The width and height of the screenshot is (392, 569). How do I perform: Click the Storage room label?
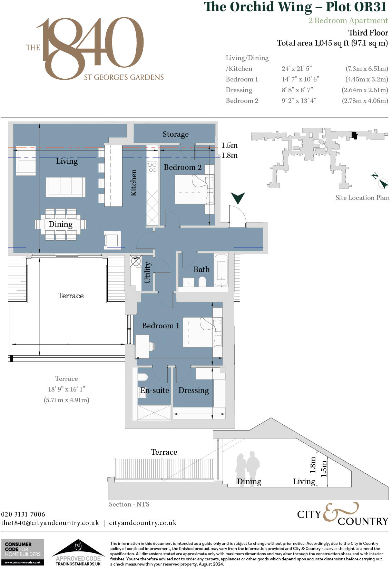click(x=176, y=134)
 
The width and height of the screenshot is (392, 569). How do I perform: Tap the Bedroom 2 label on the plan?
click(x=183, y=167)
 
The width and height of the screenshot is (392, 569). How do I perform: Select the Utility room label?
click(x=148, y=272)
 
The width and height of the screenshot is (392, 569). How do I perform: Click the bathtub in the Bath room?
click(x=221, y=270)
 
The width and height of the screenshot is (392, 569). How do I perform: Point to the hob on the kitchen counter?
click(x=152, y=167)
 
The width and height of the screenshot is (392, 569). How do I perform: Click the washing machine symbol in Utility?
click(x=136, y=261)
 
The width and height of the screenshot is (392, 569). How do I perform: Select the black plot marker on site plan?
click(x=354, y=135)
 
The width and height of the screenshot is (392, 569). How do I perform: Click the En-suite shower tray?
click(x=154, y=413)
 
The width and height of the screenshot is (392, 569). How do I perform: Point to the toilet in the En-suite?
click(x=143, y=376)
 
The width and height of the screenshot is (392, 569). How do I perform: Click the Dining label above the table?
click(x=60, y=224)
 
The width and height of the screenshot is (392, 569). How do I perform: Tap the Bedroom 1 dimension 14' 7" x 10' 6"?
click(x=300, y=79)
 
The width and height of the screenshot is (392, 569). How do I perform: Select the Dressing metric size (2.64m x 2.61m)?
click(x=365, y=90)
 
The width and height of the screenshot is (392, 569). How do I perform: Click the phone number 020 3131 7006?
click(x=23, y=514)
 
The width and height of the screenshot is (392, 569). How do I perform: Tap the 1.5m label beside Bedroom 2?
click(x=229, y=145)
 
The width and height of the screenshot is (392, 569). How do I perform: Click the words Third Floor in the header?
click(x=368, y=33)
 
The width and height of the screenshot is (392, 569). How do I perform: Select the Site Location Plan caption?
click(x=362, y=197)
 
